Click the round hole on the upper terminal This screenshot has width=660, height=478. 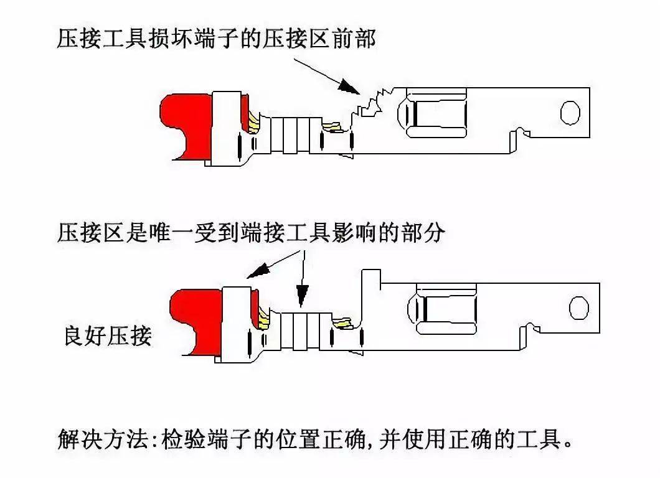point(570,112)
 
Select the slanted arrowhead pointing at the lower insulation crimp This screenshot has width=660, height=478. point(257,271)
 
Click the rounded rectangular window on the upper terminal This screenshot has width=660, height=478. point(435,113)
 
